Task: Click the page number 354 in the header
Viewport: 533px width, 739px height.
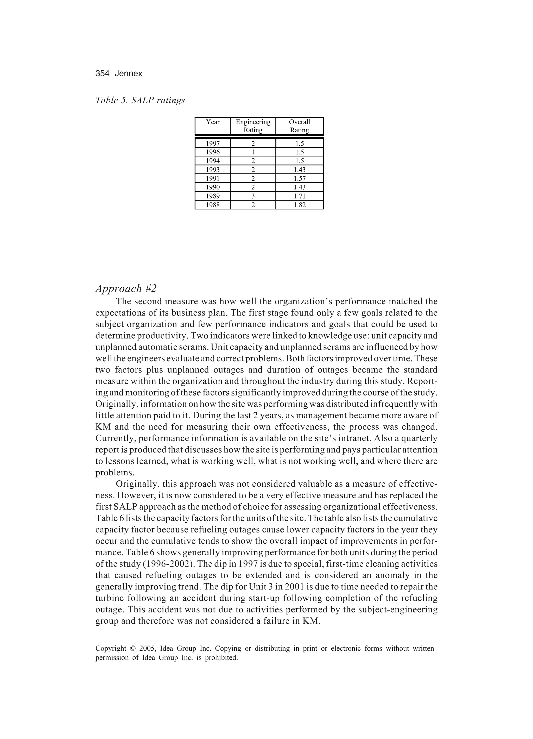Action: point(102,74)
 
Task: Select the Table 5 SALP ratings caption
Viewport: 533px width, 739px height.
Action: point(140,100)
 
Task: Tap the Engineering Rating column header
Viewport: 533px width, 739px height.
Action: point(253,126)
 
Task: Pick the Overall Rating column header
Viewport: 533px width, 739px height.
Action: point(299,126)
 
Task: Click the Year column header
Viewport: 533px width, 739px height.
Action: point(213,122)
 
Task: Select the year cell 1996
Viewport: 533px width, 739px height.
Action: point(213,152)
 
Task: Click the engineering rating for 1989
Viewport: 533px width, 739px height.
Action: point(253,196)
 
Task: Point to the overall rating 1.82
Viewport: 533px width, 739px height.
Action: point(299,205)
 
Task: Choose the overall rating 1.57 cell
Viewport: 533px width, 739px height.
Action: point(299,178)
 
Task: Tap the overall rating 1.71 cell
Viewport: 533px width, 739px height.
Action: point(299,196)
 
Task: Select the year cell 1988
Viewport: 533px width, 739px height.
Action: point(213,205)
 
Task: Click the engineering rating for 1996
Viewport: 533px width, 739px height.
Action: point(253,152)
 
